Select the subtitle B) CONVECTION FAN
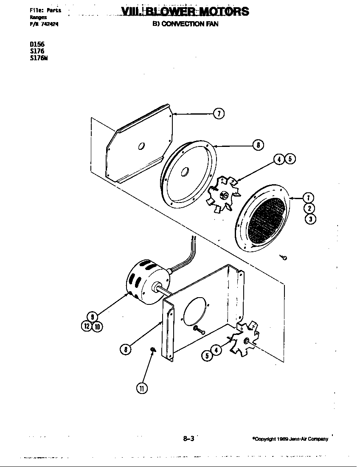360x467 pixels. [x=186, y=24]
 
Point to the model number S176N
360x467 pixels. [x=39, y=58]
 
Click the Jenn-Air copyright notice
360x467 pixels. [x=290, y=439]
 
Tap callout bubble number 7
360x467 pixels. [x=218, y=113]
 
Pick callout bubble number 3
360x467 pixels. [x=310, y=219]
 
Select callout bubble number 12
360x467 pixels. [x=87, y=326]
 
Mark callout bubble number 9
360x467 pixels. [x=92, y=316]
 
